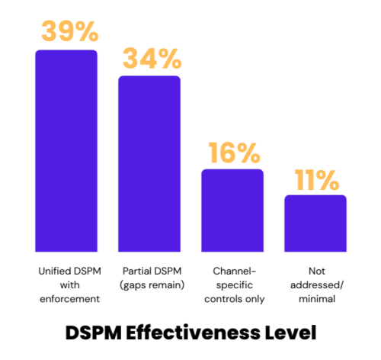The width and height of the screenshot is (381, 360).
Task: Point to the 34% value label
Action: click(x=149, y=58)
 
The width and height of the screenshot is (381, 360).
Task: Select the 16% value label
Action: click(x=232, y=153)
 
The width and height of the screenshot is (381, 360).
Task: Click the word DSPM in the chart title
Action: click(x=91, y=333)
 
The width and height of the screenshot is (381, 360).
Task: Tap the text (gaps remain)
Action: click(x=149, y=284)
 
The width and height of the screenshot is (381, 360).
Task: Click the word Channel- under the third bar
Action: click(x=232, y=271)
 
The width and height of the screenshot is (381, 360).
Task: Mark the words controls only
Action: click(x=232, y=299)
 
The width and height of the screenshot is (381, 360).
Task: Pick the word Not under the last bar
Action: click(x=315, y=271)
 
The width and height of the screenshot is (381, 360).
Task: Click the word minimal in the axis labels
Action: click(x=315, y=299)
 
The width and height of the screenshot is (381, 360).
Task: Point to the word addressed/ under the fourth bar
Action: click(x=315, y=284)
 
